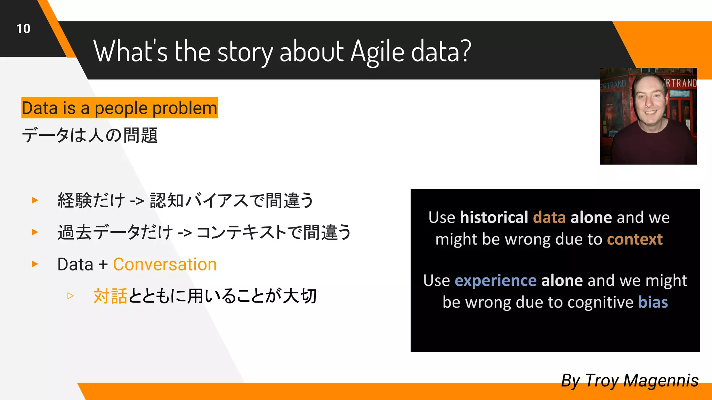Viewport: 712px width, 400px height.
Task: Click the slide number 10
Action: pyautogui.click(x=23, y=29)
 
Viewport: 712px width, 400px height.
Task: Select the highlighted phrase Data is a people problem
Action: pyautogui.click(x=119, y=108)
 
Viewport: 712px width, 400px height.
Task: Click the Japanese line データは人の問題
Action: pyautogui.click(x=90, y=135)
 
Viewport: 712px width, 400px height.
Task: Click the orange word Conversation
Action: pyautogui.click(x=165, y=265)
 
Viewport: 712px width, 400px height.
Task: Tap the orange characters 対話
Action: pyautogui.click(x=110, y=297)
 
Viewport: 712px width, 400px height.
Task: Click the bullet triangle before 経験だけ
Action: pyautogui.click(x=35, y=200)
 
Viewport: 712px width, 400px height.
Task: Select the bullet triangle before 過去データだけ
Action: pyautogui.click(x=35, y=232)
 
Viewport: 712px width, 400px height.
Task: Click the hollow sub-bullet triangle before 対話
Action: pyautogui.click(x=71, y=296)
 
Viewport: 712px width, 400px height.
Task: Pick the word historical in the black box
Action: pyautogui.click(x=494, y=218)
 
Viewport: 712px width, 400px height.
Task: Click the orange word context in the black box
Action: pyautogui.click(x=634, y=240)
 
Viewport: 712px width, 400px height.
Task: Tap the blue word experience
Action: pyautogui.click(x=495, y=281)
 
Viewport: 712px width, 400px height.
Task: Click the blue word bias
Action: pyautogui.click(x=653, y=302)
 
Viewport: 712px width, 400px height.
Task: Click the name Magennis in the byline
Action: pyautogui.click(x=661, y=381)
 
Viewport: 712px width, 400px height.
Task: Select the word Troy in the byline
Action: pyautogui.click(x=602, y=381)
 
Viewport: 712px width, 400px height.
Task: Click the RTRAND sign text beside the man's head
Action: pyautogui.click(x=681, y=83)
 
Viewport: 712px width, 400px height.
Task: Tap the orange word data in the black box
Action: pyautogui.click(x=549, y=218)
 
